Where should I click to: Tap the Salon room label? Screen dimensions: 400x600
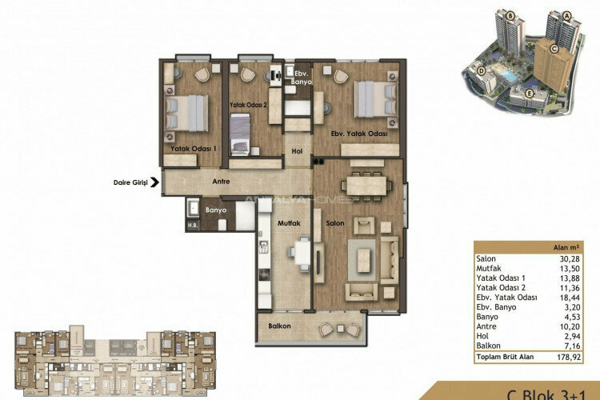coord(334,222)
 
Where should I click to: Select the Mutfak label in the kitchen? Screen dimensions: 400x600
coord(289,224)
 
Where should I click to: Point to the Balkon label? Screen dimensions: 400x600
coord(280,326)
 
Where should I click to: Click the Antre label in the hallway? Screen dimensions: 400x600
coord(221,182)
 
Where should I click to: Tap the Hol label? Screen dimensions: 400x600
coord(297,150)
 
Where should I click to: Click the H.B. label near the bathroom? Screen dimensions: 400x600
coord(192,225)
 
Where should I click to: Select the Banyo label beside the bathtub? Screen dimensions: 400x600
coord(216,210)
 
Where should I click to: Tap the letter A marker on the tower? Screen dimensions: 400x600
coord(567,15)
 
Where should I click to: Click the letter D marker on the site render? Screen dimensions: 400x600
coord(482,70)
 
